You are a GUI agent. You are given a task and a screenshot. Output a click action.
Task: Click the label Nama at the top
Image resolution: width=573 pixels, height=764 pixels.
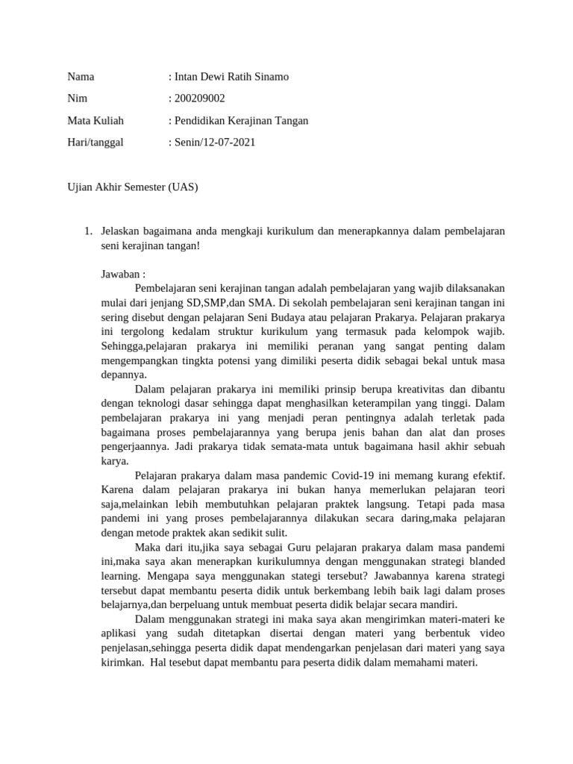click(x=81, y=77)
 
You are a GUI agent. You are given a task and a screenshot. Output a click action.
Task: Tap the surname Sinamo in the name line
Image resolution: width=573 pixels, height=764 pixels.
click(x=269, y=77)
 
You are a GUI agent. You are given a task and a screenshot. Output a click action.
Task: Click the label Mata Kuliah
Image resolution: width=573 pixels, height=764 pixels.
click(x=95, y=120)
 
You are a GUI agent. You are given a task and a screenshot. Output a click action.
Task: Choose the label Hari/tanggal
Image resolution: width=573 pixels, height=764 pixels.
click(x=95, y=142)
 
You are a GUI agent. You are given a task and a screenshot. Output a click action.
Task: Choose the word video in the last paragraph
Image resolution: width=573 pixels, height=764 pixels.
click(x=489, y=633)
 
